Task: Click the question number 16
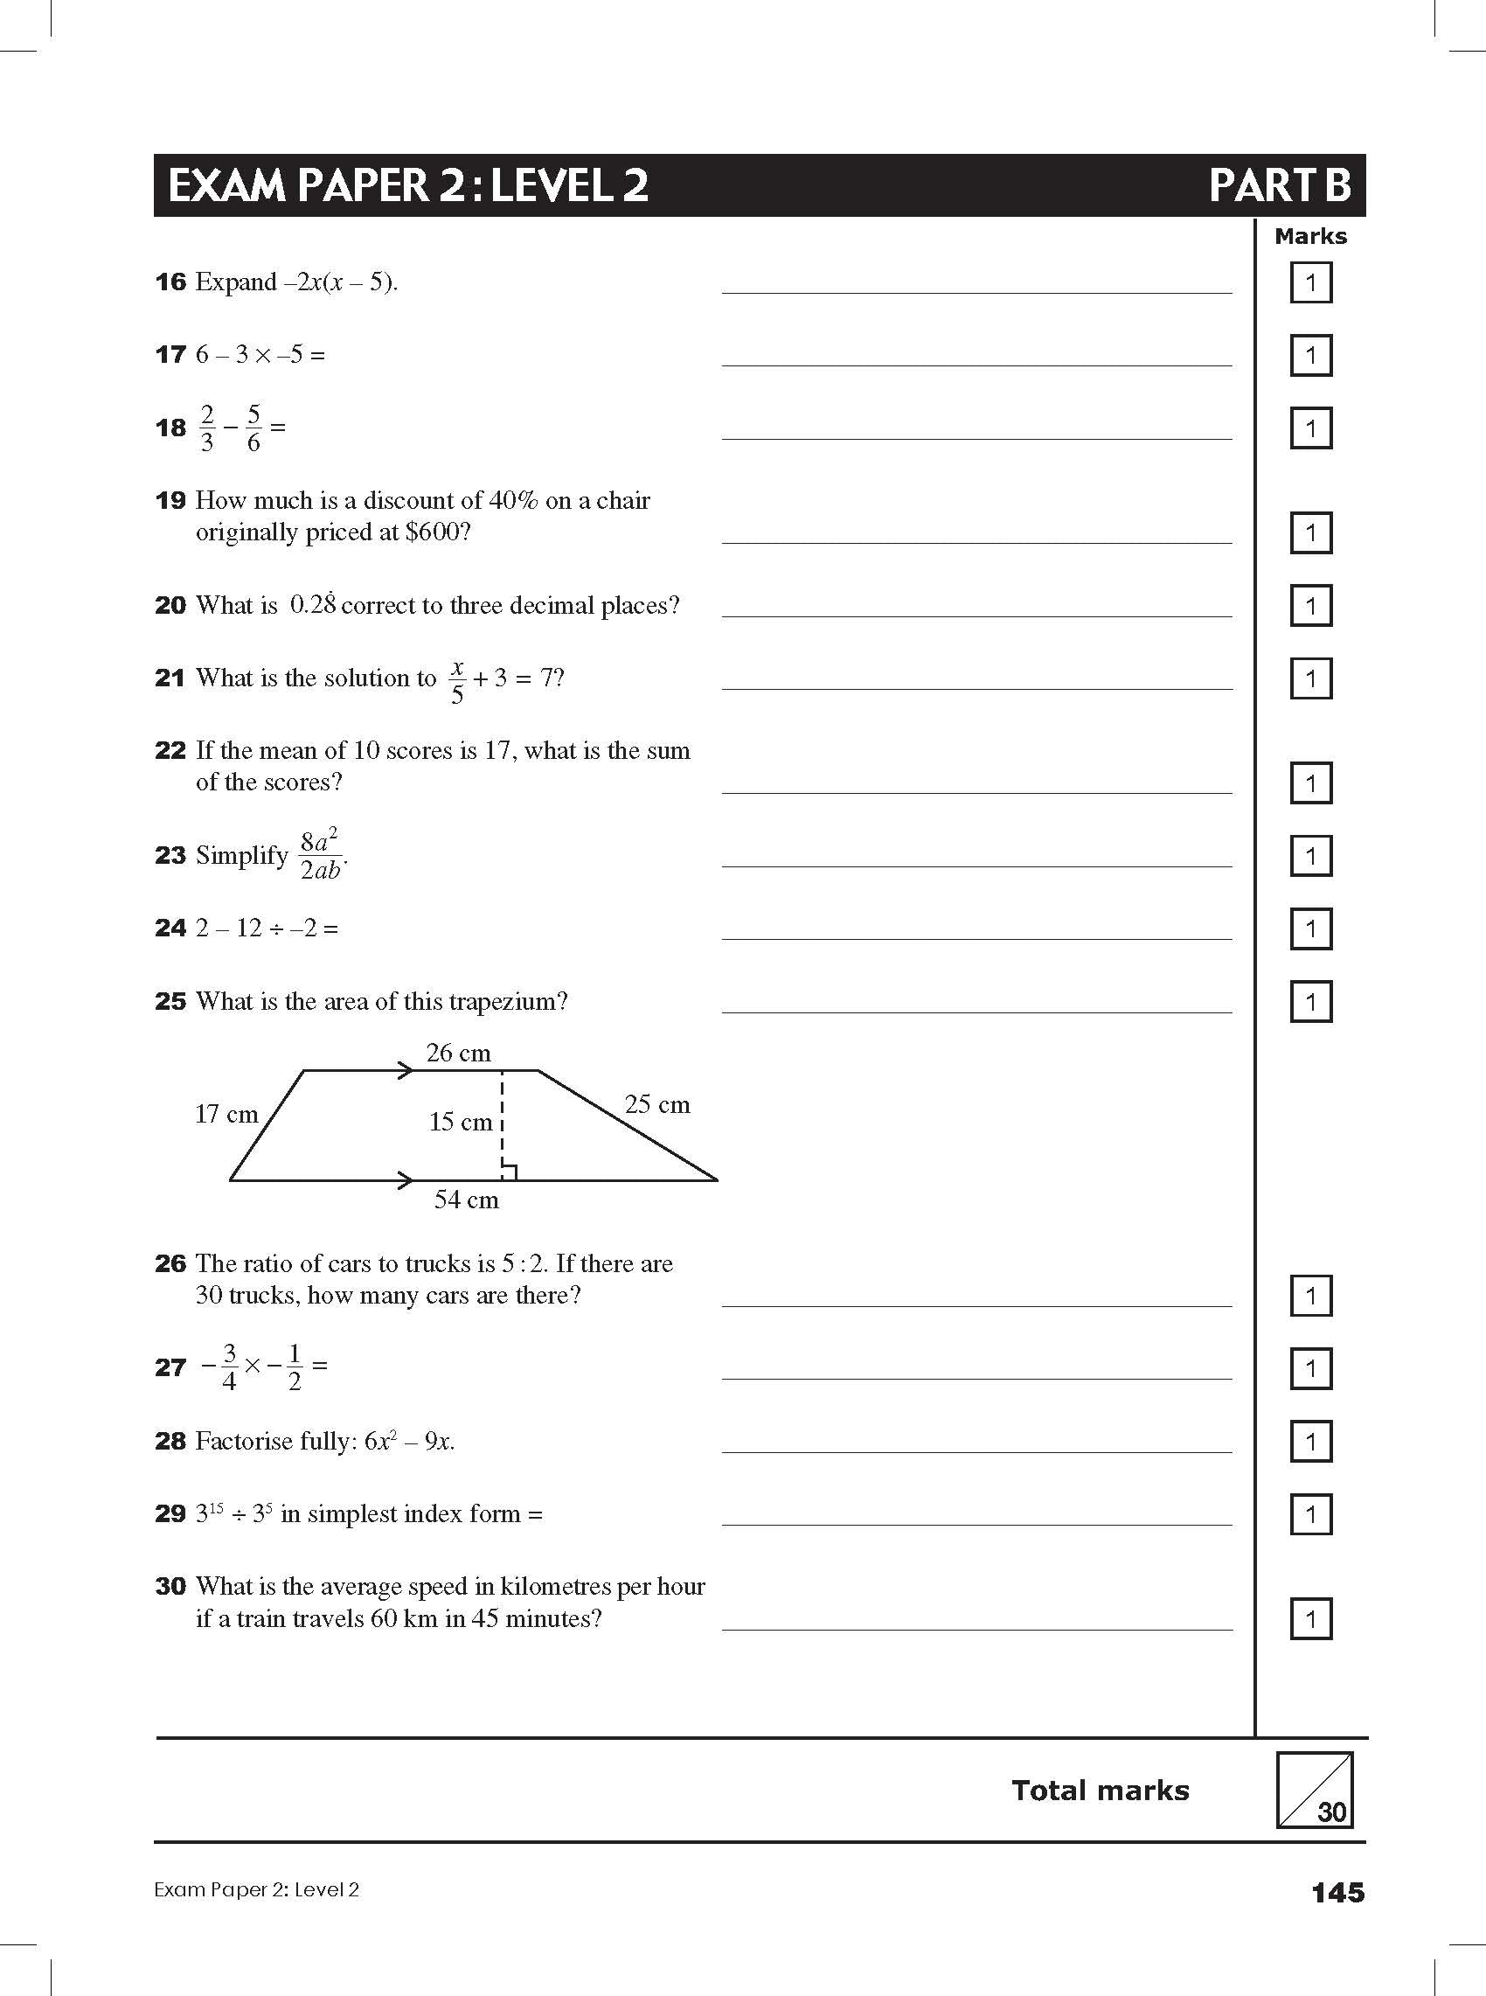[x=170, y=282]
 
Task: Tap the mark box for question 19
[x=1310, y=533]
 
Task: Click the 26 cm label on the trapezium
[x=458, y=1054]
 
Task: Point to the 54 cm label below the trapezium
[x=466, y=1200]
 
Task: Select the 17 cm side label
[x=226, y=1115]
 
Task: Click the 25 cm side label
[x=657, y=1104]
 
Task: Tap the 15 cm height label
[x=461, y=1122]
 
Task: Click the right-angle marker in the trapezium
[x=508, y=1172]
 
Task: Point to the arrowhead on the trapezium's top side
[x=406, y=1070]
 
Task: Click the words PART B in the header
[x=1279, y=185]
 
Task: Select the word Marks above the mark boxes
[x=1310, y=237]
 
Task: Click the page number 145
[x=1337, y=1893]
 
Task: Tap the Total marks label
[x=1101, y=1790]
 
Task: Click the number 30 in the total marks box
[x=1331, y=1812]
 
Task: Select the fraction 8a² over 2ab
[x=320, y=855]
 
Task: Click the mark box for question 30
[x=1310, y=1620]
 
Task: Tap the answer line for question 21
[x=976, y=687]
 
